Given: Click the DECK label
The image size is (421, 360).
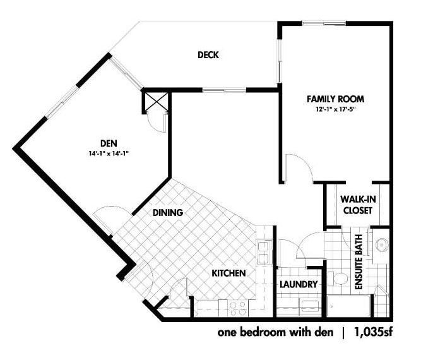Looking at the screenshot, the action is coord(208,55).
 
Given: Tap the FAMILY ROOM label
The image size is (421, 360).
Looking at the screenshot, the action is coord(336,99).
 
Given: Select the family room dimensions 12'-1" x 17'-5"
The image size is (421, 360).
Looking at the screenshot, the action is coord(336,109).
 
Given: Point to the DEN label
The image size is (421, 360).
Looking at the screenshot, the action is coord(109,143).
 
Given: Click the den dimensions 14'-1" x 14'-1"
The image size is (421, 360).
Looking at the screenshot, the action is coord(109,153).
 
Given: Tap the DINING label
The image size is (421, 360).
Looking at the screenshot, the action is coord(168,212).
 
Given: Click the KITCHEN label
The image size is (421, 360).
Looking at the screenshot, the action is coord(228,273).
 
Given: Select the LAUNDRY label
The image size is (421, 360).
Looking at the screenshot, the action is coord(299,284).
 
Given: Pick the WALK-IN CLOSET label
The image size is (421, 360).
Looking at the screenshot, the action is coord(358,205).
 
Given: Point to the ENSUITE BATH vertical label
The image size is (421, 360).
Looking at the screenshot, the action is coord(359,262).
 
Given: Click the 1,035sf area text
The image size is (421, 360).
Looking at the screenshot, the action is coord(374,332).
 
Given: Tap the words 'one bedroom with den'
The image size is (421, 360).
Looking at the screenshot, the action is coord(275,333).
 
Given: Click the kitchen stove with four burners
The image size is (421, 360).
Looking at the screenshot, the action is coord(238,308).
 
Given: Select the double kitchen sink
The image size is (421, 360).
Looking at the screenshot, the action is coord(263,252).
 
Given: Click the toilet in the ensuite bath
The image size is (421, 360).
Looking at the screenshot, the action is coord(338,279).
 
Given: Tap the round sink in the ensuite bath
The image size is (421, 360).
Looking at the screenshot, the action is coord(381,245).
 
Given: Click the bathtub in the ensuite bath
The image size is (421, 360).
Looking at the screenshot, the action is coord(349,306).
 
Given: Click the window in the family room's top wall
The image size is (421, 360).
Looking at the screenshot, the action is coord(324,23).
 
